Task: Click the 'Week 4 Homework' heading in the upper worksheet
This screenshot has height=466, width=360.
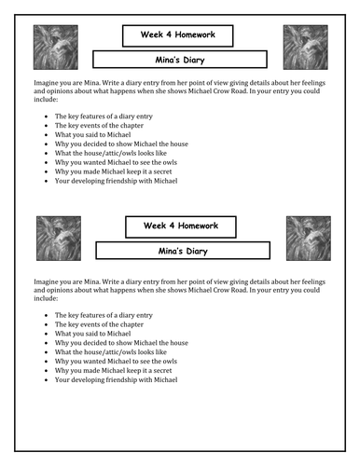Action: coord(177,35)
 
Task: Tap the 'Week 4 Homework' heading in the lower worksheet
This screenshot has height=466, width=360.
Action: coord(177,226)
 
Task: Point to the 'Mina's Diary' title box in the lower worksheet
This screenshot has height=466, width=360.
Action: coord(183,251)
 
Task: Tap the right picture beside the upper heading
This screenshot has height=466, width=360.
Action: coord(304,48)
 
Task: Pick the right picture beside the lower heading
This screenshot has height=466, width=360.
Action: coord(308,238)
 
